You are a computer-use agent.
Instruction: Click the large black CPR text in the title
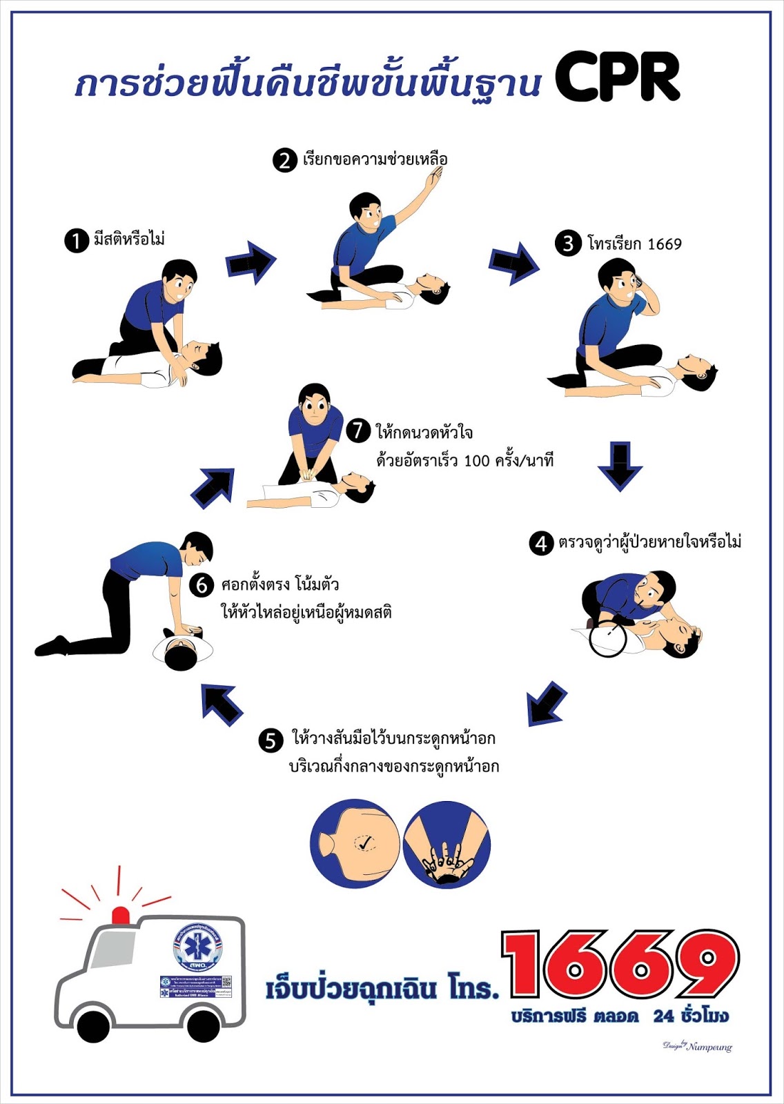click(x=618, y=77)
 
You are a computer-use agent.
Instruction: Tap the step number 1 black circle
click(x=76, y=240)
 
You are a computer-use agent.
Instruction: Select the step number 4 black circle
click(x=542, y=544)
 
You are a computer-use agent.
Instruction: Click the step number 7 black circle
click(x=358, y=431)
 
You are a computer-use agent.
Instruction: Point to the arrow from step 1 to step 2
click(x=251, y=262)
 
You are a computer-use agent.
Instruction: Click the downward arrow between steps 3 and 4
click(x=620, y=466)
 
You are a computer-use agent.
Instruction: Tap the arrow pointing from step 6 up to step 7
click(x=214, y=488)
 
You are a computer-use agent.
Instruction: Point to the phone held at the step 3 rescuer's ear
click(x=638, y=282)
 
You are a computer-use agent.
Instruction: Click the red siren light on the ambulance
click(x=121, y=915)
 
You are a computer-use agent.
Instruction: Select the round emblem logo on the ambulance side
click(x=198, y=946)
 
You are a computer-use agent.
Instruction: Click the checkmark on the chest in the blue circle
click(x=366, y=841)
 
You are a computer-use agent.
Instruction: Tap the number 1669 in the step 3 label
click(x=665, y=244)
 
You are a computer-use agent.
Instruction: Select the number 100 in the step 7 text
click(x=476, y=461)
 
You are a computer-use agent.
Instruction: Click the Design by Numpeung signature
click(x=697, y=1046)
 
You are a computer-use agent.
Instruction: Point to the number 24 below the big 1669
click(x=663, y=1016)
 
